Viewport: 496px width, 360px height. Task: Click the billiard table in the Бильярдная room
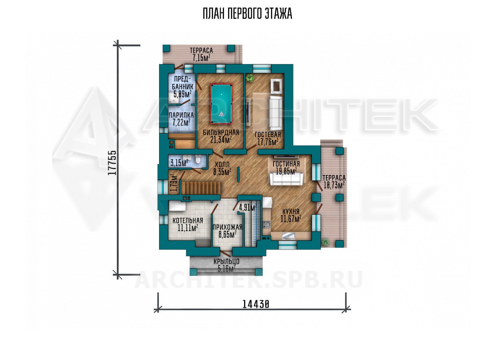[x=221, y=103]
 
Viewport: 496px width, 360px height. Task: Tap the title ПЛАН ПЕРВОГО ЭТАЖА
[x=248, y=14]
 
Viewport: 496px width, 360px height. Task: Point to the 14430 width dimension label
[x=256, y=304]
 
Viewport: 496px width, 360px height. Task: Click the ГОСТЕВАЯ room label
[x=268, y=134]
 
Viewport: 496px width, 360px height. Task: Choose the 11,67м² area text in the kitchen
[x=291, y=219]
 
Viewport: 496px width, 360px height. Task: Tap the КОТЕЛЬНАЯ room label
[x=188, y=220]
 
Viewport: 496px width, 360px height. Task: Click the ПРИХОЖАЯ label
[x=227, y=227]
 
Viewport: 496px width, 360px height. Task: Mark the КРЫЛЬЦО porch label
[x=226, y=261]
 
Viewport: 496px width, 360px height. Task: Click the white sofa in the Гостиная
[x=286, y=179]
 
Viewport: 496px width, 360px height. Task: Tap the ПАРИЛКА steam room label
[x=181, y=115]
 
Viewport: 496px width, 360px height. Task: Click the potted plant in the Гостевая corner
[x=250, y=78]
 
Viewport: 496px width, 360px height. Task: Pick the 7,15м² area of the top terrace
[x=201, y=58]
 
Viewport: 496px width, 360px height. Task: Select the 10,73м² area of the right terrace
[x=334, y=185]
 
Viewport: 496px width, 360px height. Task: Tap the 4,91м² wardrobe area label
[x=248, y=207]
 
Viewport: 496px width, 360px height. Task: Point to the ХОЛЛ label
[x=222, y=164]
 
